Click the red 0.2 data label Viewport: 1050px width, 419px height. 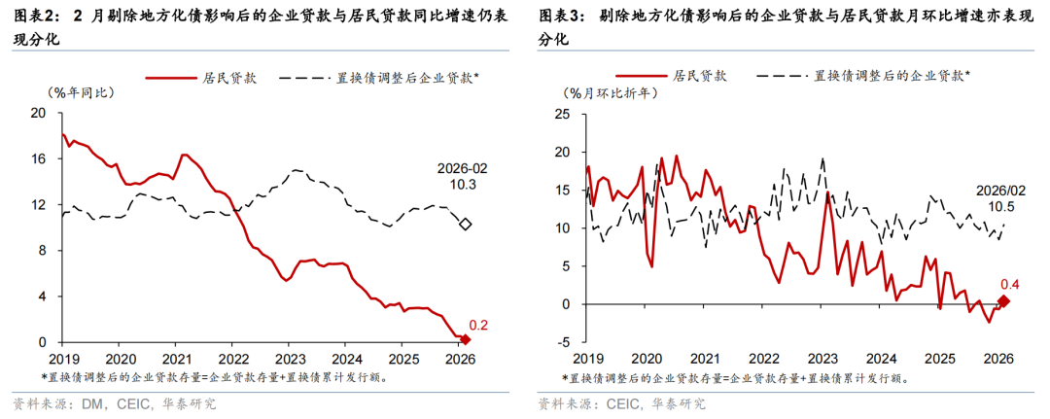click(478, 326)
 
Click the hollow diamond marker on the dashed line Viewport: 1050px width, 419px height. click(465, 225)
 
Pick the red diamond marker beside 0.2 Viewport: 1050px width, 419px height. click(465, 339)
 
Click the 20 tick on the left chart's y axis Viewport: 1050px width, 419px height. click(39, 112)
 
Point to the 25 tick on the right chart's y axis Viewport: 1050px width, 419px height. click(562, 114)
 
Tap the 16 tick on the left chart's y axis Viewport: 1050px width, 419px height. click(39, 158)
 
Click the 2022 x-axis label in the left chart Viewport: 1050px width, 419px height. click(231, 358)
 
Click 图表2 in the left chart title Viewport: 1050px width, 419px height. click(30, 17)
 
